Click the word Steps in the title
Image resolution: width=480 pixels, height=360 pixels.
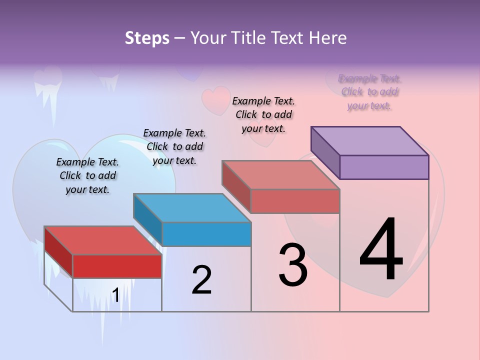pos(147,38)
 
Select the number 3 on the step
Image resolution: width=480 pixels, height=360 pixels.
pos(292,265)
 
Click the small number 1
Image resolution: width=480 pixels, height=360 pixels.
pos(115,295)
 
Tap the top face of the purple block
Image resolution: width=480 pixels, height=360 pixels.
pos(370,141)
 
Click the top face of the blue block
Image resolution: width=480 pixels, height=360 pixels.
pos(192,208)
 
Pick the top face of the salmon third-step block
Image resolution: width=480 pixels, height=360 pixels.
pos(281,175)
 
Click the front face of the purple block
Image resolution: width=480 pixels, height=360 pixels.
pos(384,167)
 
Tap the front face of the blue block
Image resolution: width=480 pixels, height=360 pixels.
pos(206,234)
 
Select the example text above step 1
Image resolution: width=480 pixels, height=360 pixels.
pos(87,175)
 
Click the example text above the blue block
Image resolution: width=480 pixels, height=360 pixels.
pos(174,146)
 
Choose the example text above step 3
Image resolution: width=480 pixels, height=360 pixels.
pos(263,114)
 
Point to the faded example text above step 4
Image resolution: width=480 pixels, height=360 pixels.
pos(369,92)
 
